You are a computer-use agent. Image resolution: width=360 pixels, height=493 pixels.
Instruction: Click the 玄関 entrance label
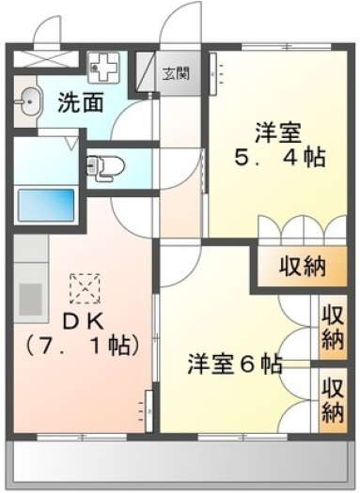tap(176, 74)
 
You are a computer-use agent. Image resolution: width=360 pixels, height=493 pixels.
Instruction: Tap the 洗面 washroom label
tap(81, 102)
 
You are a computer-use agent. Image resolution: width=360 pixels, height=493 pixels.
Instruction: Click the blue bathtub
tap(46, 205)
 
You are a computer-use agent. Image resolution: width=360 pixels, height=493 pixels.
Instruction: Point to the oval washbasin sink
tap(29, 101)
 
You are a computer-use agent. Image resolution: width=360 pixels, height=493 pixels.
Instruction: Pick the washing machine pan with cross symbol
tap(103, 68)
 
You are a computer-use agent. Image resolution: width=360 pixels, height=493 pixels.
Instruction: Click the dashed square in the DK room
tap(85, 288)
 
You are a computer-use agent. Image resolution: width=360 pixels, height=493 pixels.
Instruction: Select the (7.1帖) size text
tap(83, 347)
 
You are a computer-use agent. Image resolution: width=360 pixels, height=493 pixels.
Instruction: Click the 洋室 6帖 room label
tap(234, 363)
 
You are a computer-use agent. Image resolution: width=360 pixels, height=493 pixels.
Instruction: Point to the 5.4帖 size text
tap(279, 157)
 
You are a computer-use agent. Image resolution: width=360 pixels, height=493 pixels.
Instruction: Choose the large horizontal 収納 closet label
tap(303, 267)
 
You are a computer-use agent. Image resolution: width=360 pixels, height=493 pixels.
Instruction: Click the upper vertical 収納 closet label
tap(333, 328)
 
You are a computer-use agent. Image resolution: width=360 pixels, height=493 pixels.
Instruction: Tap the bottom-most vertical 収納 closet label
tap(333, 401)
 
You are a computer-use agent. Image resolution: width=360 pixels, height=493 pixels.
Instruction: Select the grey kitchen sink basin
tap(31, 300)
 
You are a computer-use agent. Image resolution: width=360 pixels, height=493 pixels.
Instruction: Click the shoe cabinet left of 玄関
tap(146, 71)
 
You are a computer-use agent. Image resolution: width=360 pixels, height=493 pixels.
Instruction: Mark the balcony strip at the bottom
tap(180, 462)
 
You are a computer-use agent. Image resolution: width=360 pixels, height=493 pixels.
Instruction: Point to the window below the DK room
tap(82, 437)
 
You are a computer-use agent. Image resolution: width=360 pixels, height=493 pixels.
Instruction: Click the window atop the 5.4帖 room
tap(287, 47)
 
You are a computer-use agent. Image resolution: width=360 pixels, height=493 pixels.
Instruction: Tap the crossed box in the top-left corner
tap(46, 58)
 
